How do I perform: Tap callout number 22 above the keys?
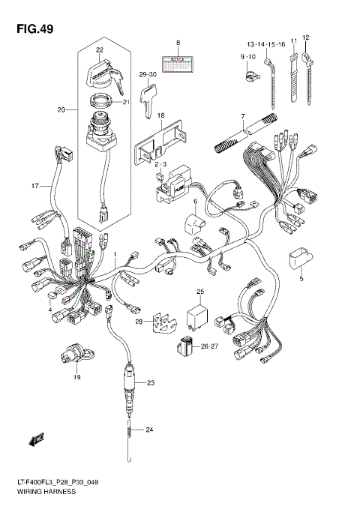point(100,50)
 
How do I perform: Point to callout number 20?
point(61,110)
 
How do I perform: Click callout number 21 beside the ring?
point(126,103)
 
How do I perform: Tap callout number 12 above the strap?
point(306,37)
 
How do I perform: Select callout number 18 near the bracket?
point(160,114)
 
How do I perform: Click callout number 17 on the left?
point(34,185)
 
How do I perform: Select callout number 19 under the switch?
point(76,378)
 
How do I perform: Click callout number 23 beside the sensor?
point(150,383)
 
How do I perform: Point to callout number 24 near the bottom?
point(149,430)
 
